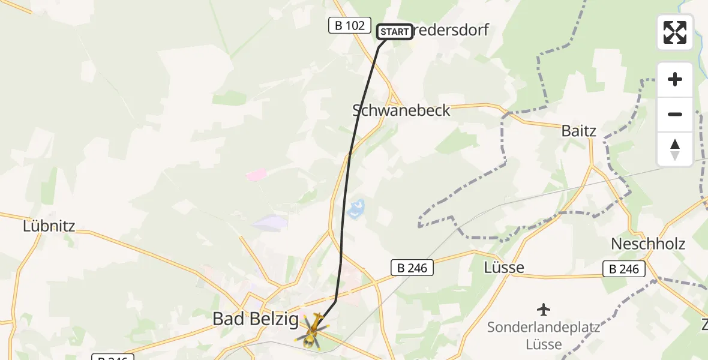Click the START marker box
click(x=395, y=31)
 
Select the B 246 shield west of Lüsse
click(x=412, y=268)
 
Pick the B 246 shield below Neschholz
click(x=625, y=269)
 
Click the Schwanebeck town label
click(x=401, y=110)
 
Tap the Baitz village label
click(x=579, y=130)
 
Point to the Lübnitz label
click(x=49, y=226)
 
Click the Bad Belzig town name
click(x=256, y=320)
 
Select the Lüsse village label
click(x=504, y=267)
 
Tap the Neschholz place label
click(x=648, y=244)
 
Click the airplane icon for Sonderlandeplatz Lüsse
click(x=544, y=310)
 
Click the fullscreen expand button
click(x=675, y=32)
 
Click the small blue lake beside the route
click(x=356, y=209)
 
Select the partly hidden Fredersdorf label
click(x=450, y=30)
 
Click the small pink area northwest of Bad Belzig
click(x=256, y=175)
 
